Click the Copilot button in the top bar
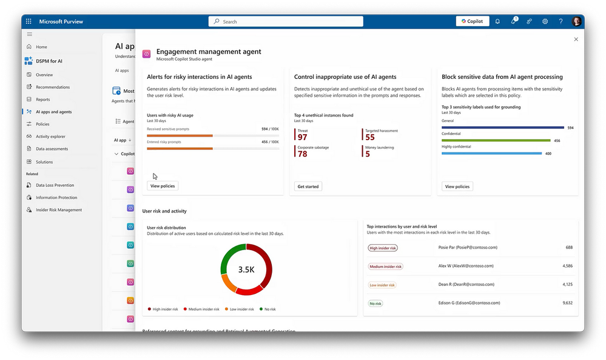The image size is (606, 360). click(472, 21)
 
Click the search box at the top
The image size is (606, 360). click(286, 21)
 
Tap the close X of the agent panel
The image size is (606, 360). click(576, 39)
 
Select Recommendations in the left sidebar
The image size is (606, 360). click(52, 87)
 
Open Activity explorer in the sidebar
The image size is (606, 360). click(50, 137)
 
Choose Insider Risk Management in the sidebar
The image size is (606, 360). click(58, 210)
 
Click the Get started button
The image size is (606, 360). click(308, 186)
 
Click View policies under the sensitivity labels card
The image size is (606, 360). click(458, 186)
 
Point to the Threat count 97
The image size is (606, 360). click(302, 138)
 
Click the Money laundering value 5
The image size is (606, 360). click(368, 154)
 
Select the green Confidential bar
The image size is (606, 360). click(496, 140)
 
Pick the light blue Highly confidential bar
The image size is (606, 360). click(491, 153)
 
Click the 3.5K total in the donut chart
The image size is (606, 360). click(246, 270)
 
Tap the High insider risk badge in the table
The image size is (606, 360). click(383, 248)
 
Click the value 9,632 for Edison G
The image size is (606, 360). click(567, 303)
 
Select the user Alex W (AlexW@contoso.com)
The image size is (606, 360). click(465, 266)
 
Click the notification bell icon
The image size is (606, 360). click(497, 21)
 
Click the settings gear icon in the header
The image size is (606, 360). click(545, 21)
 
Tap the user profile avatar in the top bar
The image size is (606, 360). click(576, 21)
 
